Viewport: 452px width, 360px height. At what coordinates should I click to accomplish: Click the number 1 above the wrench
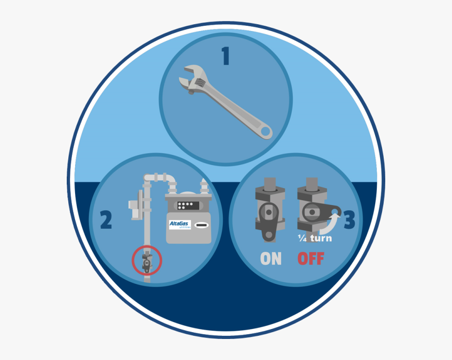click(x=225, y=57)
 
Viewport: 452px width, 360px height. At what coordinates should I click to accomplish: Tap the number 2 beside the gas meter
click(x=106, y=221)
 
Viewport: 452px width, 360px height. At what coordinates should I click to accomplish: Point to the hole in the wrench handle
click(x=266, y=131)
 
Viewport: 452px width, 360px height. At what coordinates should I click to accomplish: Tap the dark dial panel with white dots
click(x=187, y=205)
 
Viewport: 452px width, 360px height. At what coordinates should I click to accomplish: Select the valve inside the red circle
click(x=147, y=261)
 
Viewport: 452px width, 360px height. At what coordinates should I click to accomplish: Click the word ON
click(x=271, y=259)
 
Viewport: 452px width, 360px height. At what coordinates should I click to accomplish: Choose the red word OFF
click(x=311, y=259)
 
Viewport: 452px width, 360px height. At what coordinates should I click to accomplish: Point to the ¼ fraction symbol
click(x=302, y=238)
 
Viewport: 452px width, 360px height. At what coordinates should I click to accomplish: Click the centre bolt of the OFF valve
click(x=312, y=212)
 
